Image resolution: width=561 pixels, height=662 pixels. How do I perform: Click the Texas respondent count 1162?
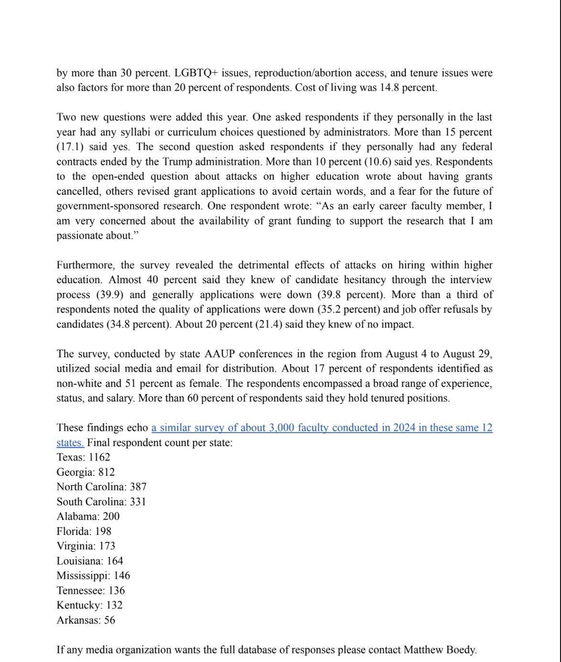point(99,457)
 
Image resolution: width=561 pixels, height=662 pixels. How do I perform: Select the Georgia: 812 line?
point(86,472)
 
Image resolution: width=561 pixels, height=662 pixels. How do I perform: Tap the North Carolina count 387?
point(138,487)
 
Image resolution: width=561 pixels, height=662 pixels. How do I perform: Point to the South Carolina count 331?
point(138,502)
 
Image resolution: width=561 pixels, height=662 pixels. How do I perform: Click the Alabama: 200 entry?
point(88,516)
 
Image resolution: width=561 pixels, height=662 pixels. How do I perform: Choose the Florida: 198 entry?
point(84,531)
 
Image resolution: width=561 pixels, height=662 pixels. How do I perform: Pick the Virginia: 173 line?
point(86,546)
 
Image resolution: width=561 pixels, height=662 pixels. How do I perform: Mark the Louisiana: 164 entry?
point(89,561)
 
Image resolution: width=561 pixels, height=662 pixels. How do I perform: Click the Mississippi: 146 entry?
point(93,576)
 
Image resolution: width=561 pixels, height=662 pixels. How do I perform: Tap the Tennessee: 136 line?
point(90,590)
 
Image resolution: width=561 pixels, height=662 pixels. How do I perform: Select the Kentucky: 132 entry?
point(89,605)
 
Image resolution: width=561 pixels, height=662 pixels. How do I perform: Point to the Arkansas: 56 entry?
point(86,620)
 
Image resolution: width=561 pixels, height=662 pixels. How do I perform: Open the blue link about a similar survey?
point(322,427)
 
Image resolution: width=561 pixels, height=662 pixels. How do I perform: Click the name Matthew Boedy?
point(440,650)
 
